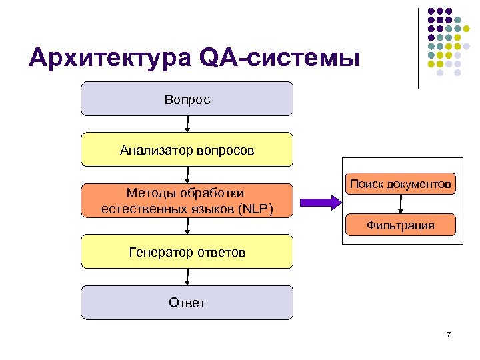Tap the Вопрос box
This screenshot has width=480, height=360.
coord(187,99)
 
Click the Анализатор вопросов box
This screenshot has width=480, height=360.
coord(187,149)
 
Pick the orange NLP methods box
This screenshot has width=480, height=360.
coord(187,200)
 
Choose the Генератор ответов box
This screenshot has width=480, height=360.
coord(187,251)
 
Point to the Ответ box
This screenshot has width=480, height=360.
coord(187,303)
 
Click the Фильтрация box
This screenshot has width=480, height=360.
coord(401,225)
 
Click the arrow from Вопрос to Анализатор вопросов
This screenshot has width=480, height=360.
coord(187,124)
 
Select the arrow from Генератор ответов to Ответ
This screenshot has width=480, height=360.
coord(187,277)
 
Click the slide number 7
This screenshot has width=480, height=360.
coord(449,333)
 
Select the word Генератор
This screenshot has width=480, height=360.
coord(161,252)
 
